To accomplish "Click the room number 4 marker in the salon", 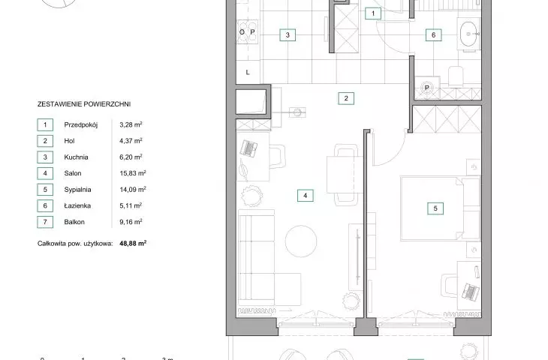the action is (305, 196).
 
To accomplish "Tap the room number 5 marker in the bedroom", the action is (435, 208).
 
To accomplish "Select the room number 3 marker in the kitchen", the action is (288, 35).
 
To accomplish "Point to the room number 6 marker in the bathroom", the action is (433, 35).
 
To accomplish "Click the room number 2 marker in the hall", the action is (346, 98).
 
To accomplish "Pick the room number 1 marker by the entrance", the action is (373, 13).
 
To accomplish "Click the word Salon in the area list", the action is (73, 173).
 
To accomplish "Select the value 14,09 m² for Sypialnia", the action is (133, 190).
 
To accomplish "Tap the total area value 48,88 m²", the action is (133, 244).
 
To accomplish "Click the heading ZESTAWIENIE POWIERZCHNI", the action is (84, 104).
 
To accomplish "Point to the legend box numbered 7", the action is (45, 222).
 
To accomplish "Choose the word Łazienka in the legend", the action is (77, 205).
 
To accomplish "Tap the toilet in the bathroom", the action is (456, 76).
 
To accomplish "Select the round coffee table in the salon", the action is (301, 241).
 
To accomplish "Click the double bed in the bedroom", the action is (441, 208).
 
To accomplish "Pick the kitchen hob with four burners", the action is (248, 31).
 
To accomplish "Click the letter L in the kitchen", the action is (248, 73).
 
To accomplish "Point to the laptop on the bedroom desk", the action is (471, 292).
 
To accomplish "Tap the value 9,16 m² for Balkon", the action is (131, 222).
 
